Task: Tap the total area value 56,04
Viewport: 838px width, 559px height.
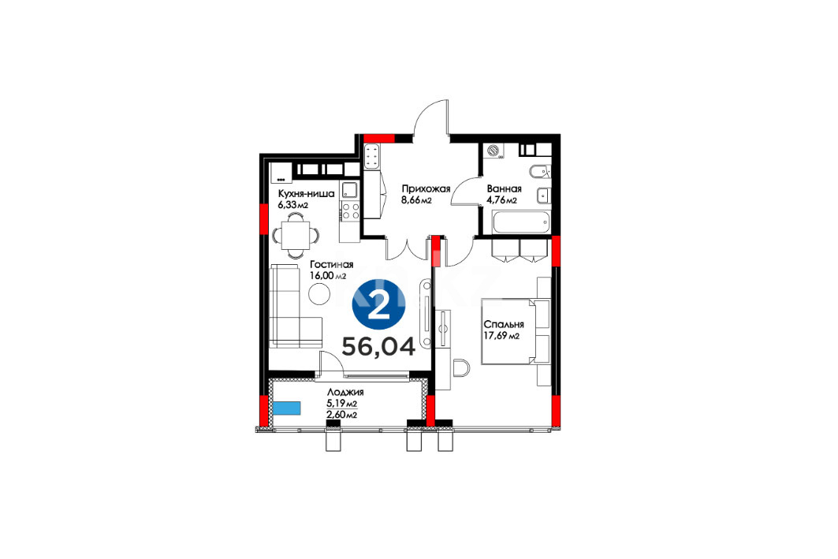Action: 378,347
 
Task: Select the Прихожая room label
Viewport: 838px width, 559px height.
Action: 426,188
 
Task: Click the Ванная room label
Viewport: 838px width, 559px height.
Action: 504,188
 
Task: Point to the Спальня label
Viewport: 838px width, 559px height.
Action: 504,324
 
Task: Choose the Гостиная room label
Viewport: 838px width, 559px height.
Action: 331,265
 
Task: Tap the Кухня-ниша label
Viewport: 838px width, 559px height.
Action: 306,193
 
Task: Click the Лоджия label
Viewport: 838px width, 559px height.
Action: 345,393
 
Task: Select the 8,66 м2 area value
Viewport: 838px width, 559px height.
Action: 416,200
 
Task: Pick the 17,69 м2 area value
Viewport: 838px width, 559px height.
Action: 501,336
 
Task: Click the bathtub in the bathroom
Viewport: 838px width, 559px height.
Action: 521,222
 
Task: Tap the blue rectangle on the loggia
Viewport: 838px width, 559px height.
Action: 286,408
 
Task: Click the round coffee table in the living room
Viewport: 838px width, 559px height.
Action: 319,293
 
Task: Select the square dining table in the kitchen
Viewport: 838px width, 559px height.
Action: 295,235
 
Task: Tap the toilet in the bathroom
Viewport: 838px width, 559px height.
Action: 538,171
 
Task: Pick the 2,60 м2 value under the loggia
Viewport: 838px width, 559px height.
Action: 342,415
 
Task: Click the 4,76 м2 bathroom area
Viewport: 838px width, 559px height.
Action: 501,200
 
